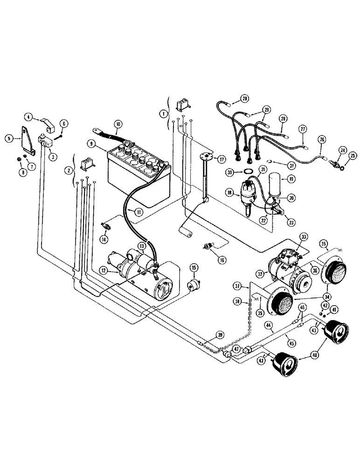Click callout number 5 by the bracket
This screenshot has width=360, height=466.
click(29, 116)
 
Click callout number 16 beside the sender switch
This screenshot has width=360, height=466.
click(222, 260)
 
